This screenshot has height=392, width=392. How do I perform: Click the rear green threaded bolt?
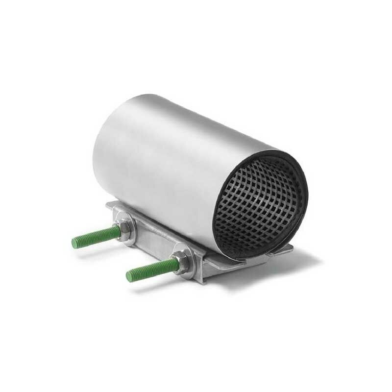pos(96,237)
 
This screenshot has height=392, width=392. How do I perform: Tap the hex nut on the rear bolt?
pos(125,228)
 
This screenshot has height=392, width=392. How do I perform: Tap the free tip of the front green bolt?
pos(129,276)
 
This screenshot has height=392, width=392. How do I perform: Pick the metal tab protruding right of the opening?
pos(284,250)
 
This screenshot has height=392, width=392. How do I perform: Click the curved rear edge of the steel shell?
pos(98,142)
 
